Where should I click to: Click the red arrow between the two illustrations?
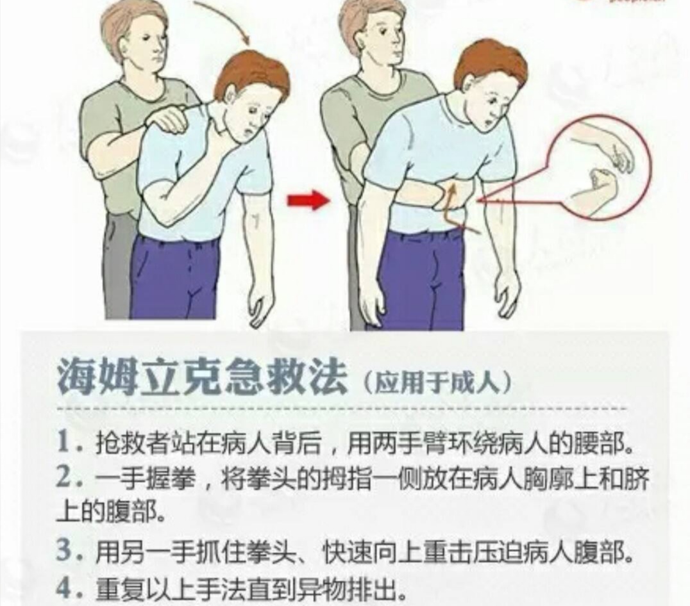point(307,201)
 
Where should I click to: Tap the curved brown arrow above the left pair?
point(225,19)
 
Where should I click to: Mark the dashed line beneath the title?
point(340,408)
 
